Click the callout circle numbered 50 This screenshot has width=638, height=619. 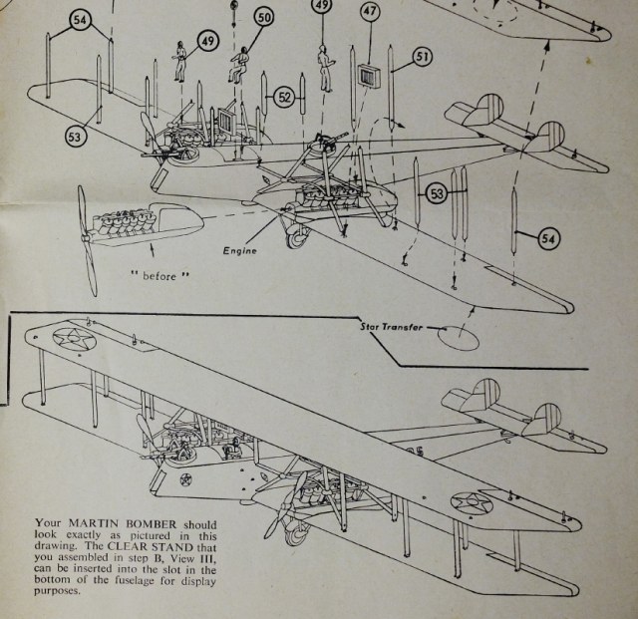[x=264, y=18]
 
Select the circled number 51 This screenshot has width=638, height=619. [x=422, y=57]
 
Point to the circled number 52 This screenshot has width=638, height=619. [x=284, y=98]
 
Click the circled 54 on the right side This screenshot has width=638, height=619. [x=550, y=237]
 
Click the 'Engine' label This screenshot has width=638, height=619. [x=239, y=251]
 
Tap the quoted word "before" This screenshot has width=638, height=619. [x=157, y=273]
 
